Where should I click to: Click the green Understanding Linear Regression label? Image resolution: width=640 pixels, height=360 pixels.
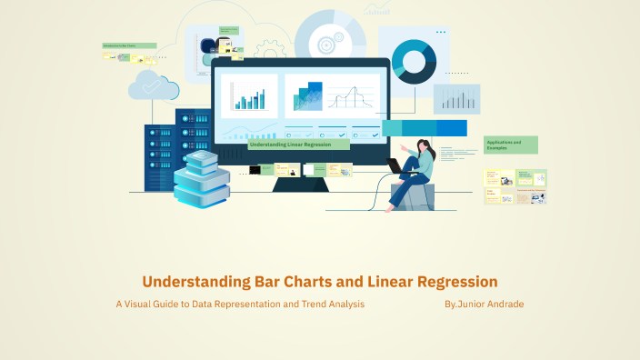pyautogui.click(x=298, y=145)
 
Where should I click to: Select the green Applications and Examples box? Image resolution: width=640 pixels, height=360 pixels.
pyautogui.click(x=511, y=145)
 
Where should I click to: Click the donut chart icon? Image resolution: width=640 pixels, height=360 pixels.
pyautogui.click(x=414, y=59)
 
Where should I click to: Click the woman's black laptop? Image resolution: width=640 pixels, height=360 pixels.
pyautogui.click(x=395, y=166)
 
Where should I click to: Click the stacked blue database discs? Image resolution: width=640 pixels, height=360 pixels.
pyautogui.click(x=201, y=178)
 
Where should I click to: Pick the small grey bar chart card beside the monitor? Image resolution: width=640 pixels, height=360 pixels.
pyautogui.click(x=456, y=99)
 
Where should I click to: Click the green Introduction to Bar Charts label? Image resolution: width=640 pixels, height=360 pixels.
pyautogui.click(x=129, y=45)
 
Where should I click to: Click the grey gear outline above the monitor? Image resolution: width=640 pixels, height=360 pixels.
pyautogui.click(x=269, y=50)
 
